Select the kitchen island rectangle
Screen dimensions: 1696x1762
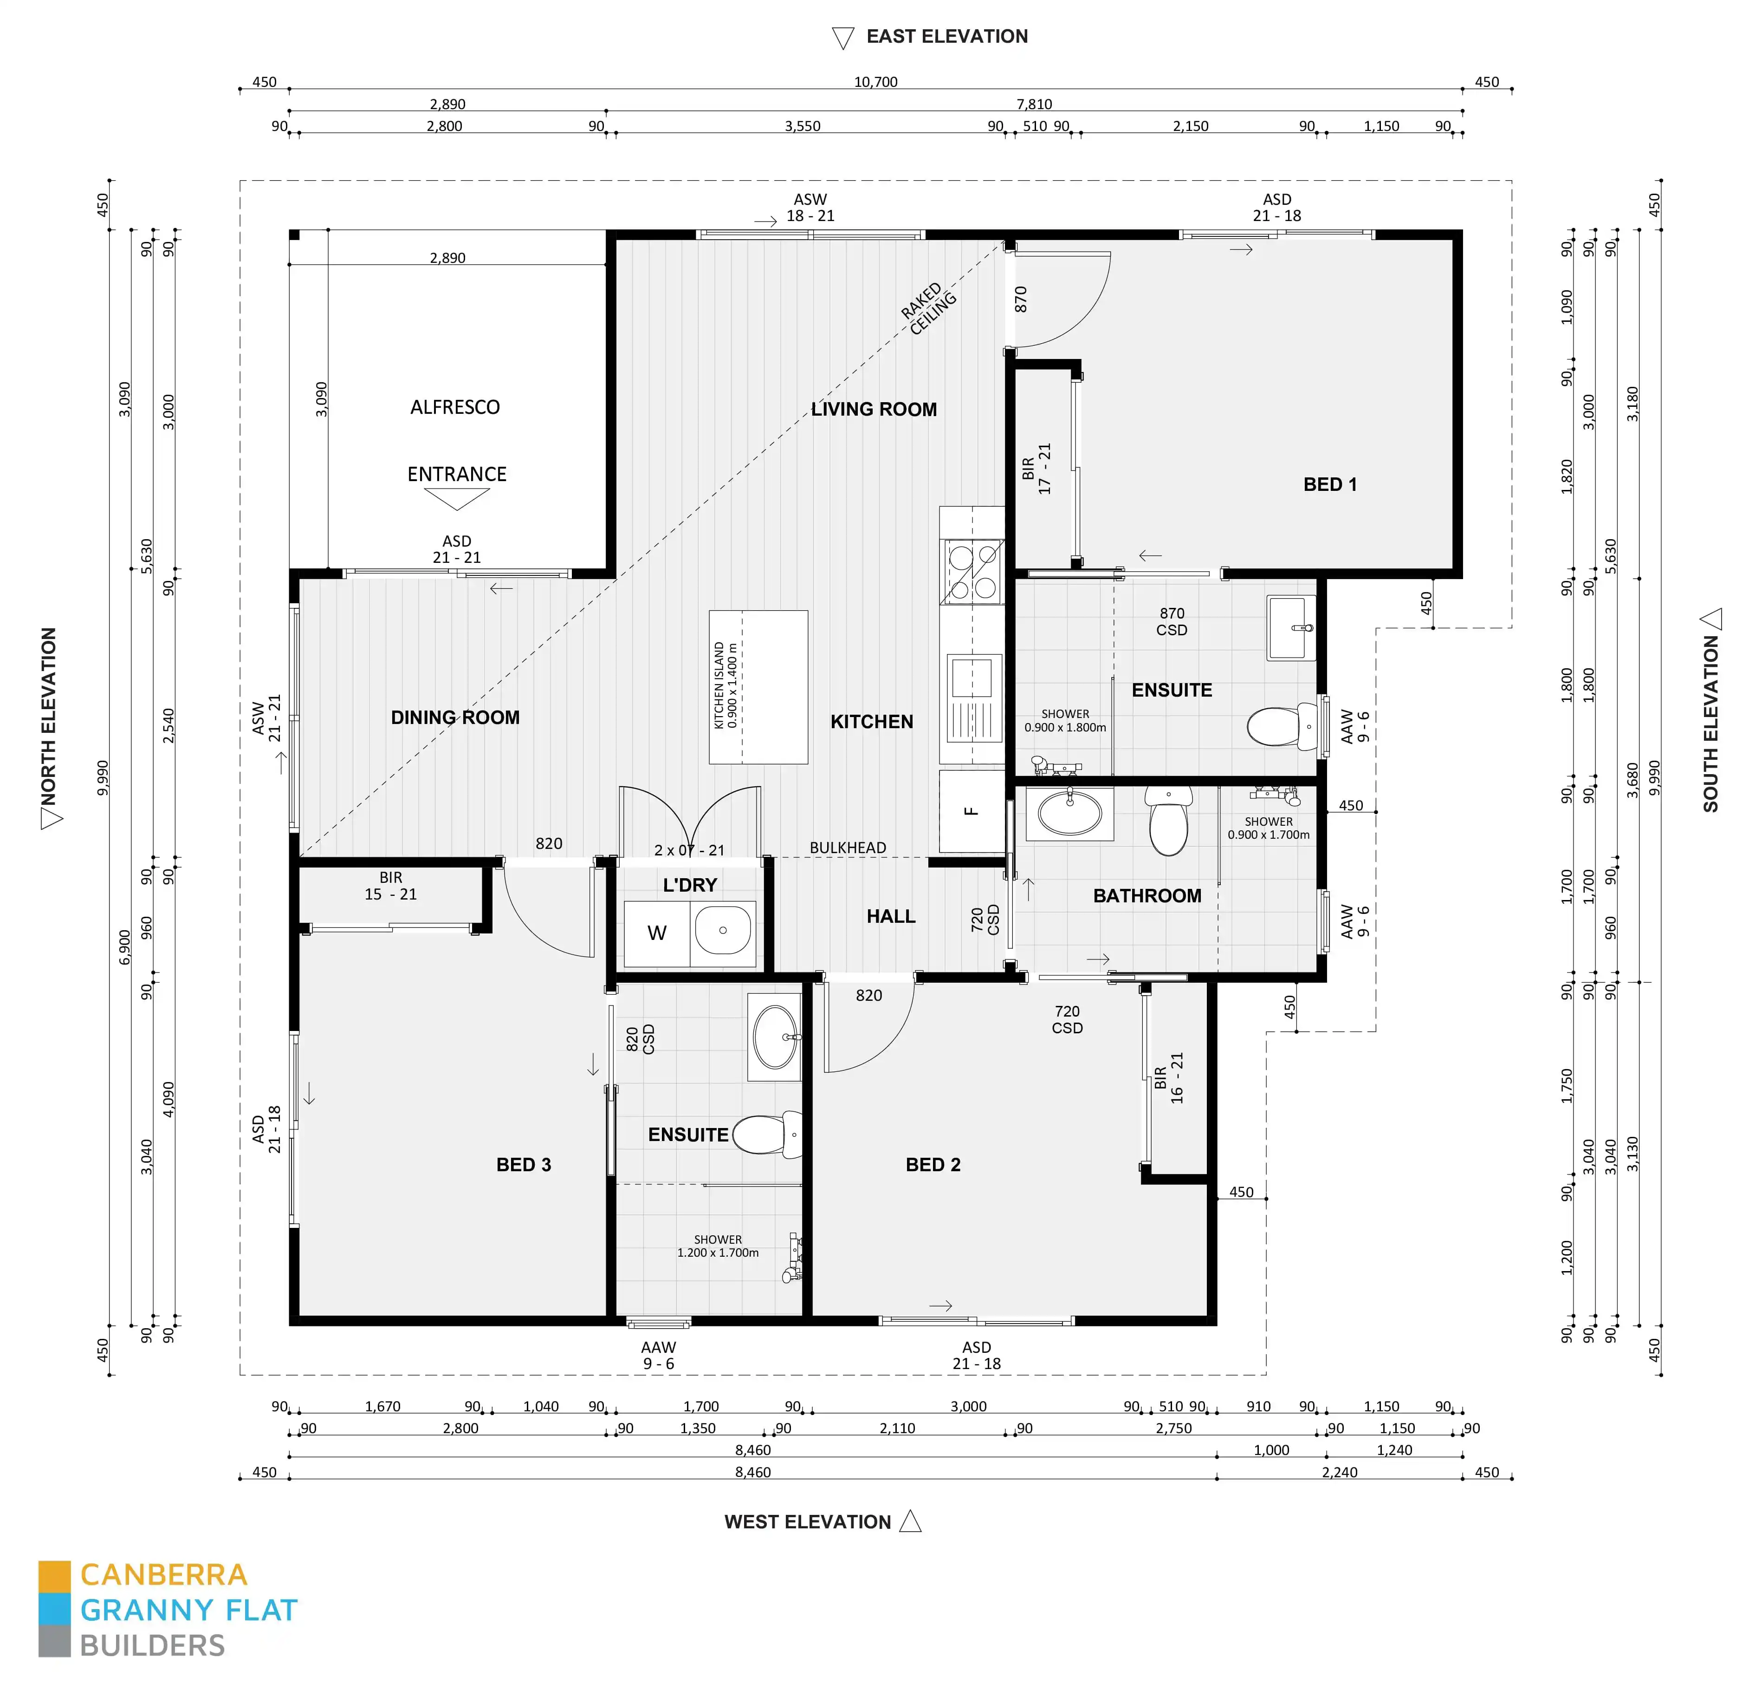[758, 687]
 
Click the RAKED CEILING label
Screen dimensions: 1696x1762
[929, 308]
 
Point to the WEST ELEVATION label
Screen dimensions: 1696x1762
[807, 1521]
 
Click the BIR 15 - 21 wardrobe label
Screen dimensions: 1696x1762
[390, 886]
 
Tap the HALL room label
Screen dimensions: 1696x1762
[890, 916]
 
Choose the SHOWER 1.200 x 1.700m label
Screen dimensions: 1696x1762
[718, 1246]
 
